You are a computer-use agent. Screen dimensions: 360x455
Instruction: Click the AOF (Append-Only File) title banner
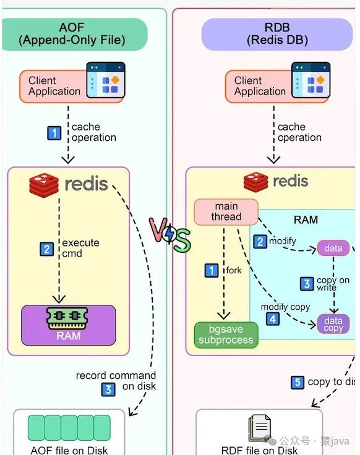click(74, 34)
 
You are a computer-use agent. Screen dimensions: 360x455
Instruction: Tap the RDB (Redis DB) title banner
click(277, 34)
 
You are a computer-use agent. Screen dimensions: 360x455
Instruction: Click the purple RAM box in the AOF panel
click(69, 325)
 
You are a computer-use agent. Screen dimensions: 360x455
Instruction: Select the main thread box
click(226, 212)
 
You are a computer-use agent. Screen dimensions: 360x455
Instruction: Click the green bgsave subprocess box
click(226, 335)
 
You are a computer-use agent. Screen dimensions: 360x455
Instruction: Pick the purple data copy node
click(333, 324)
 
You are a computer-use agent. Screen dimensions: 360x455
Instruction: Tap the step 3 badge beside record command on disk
click(108, 389)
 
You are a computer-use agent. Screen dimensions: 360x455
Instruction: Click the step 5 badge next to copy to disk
click(298, 382)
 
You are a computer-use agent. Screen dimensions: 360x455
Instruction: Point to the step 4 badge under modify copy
click(273, 319)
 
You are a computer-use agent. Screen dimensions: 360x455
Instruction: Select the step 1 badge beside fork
click(212, 270)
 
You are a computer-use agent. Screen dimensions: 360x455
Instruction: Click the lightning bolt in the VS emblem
click(169, 234)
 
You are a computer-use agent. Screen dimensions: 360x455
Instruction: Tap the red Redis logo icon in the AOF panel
click(44, 185)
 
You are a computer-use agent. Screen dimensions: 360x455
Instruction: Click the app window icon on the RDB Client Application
click(311, 80)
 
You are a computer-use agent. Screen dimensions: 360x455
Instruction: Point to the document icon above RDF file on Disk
click(260, 428)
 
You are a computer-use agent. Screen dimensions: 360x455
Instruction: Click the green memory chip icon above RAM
click(67, 318)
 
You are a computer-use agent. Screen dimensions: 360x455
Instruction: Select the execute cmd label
click(80, 248)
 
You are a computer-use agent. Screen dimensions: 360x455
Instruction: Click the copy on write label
click(333, 284)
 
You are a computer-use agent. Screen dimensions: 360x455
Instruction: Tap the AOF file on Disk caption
click(69, 450)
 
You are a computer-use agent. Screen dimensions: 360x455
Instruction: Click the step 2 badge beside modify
click(260, 242)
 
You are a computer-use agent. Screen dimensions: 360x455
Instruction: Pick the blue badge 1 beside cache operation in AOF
click(54, 133)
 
